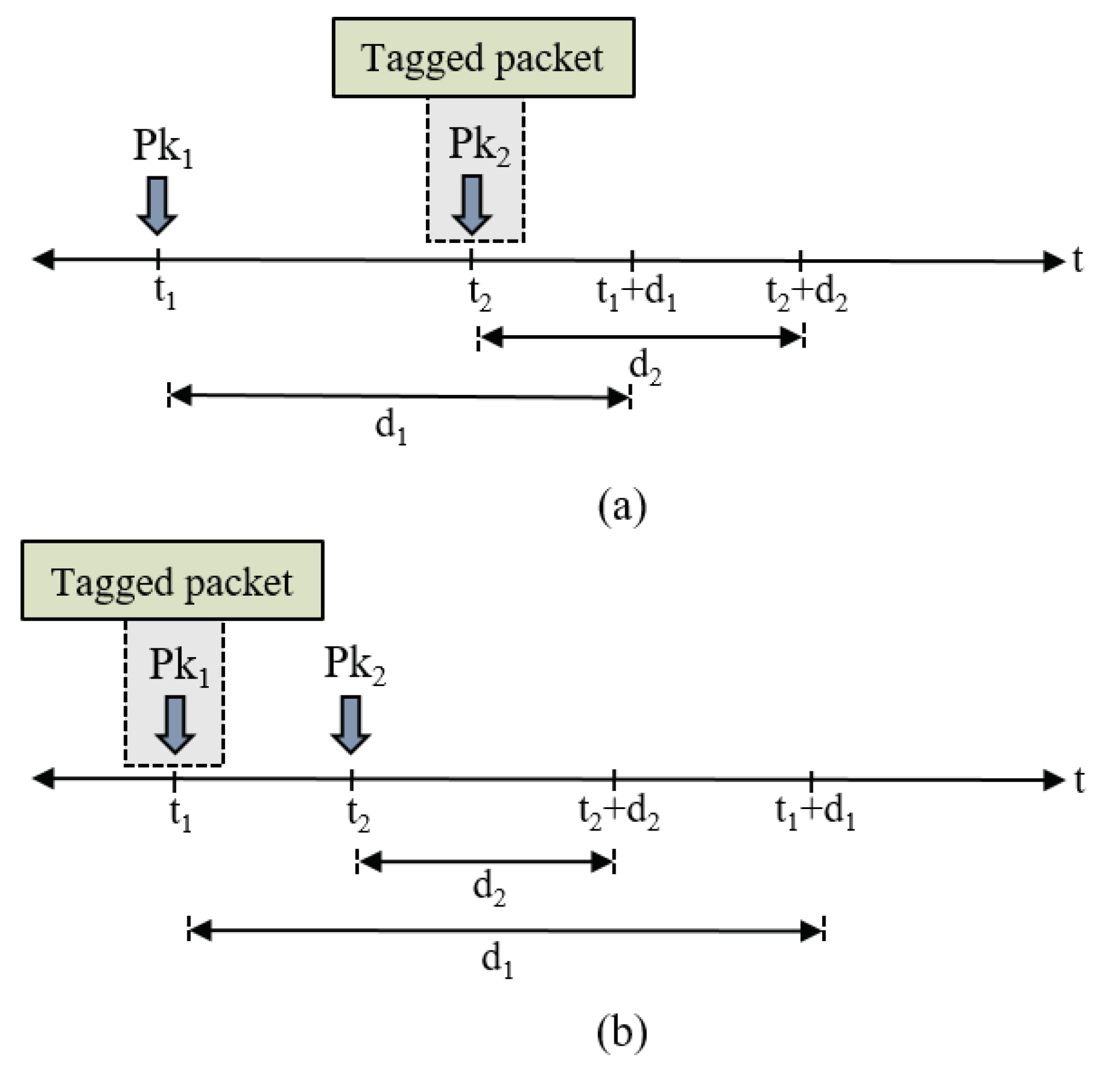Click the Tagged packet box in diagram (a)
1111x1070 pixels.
(x=483, y=57)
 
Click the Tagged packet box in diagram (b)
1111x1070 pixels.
(x=172, y=581)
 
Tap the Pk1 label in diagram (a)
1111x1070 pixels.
(x=162, y=147)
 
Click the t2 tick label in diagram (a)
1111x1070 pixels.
(x=480, y=294)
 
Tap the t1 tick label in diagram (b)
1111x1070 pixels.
(x=180, y=814)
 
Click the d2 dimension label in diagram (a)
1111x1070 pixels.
(x=645, y=368)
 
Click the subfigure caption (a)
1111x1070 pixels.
(x=621, y=506)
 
